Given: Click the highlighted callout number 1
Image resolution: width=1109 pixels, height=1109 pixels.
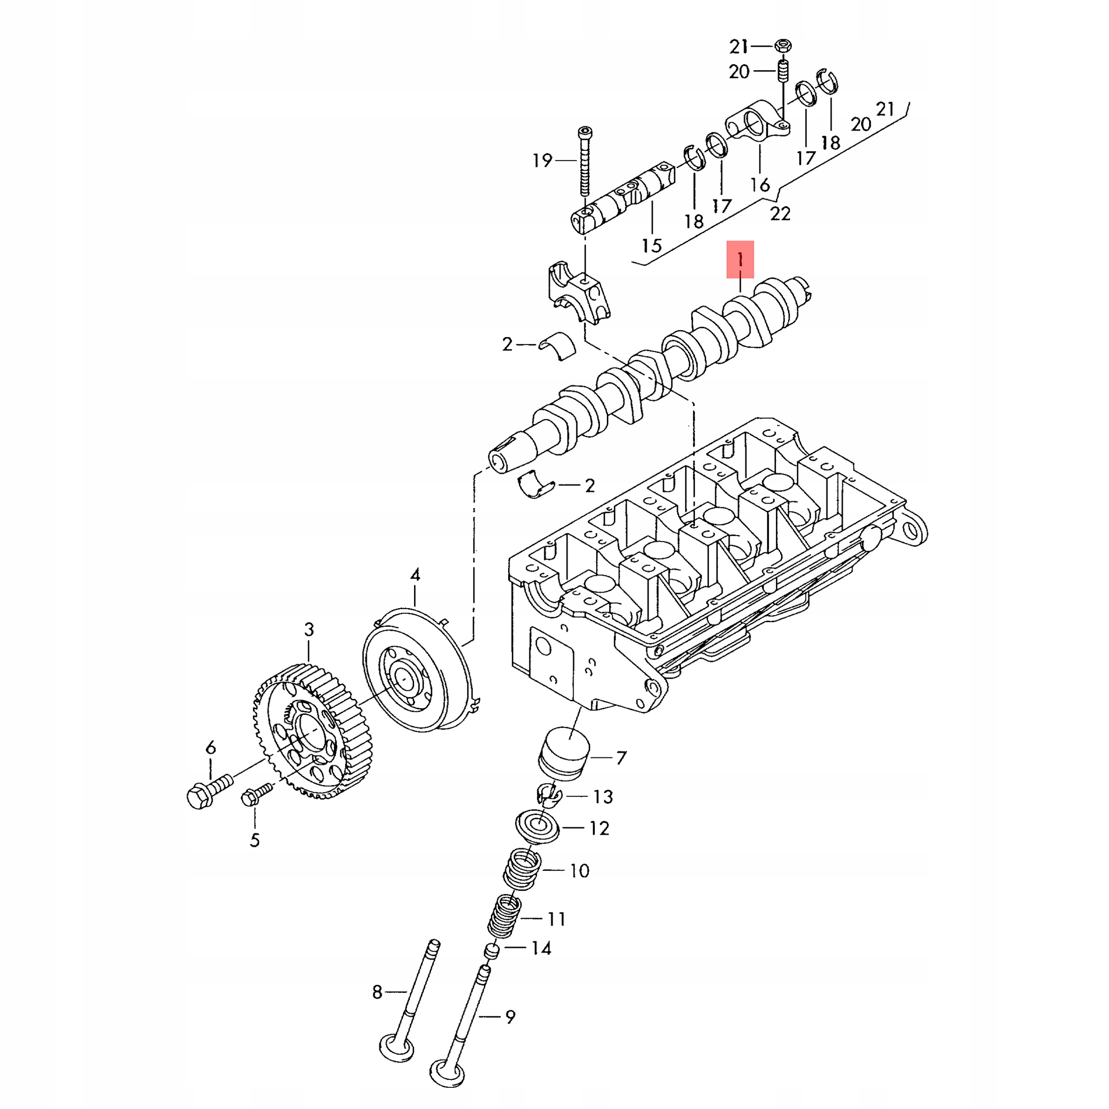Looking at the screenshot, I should pos(740,259).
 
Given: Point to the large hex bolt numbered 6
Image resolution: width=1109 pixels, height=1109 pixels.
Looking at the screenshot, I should pos(201,794).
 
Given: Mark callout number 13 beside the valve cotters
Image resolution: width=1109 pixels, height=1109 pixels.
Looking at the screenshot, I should pos(603,797).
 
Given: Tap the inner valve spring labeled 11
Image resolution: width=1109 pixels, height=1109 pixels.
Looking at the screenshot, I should pos(505,918).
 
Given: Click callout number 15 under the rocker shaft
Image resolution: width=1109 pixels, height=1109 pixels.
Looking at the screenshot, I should pos(652,246).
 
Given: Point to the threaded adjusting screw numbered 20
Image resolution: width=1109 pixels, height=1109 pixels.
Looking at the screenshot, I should pos(782,72).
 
